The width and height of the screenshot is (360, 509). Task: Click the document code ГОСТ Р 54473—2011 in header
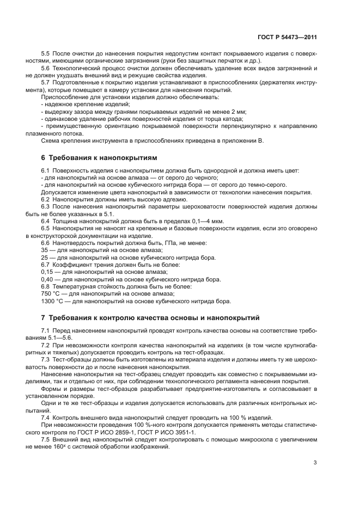click(287, 38)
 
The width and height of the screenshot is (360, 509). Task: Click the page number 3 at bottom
click(315, 463)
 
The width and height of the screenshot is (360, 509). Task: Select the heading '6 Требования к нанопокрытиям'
click(99, 157)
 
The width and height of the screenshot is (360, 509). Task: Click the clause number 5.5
click(46, 54)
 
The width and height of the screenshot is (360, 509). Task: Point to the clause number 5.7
click(46, 82)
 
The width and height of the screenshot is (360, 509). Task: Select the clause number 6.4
click(46, 221)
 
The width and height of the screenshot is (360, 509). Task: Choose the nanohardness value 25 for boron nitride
click(45, 257)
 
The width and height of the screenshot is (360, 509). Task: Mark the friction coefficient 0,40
click(47, 279)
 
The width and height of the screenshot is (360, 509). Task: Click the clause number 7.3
click(46, 360)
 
